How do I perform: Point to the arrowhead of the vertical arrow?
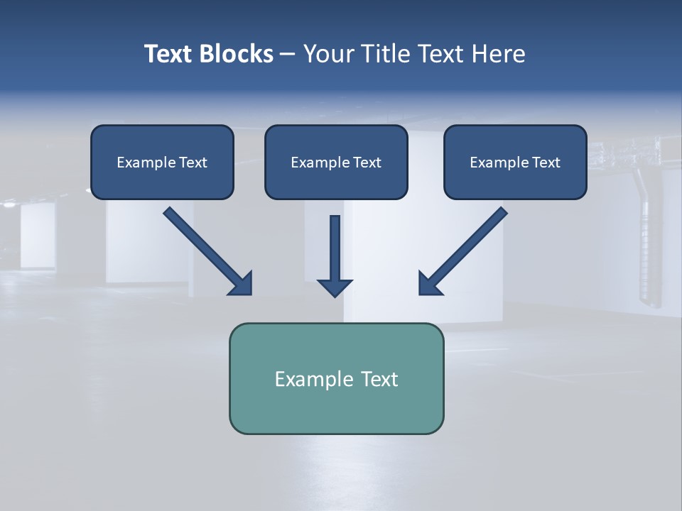click(x=335, y=287)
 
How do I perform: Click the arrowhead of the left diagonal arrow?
click(x=242, y=284)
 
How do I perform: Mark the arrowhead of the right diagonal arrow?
click(x=428, y=284)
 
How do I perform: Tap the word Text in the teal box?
click(x=379, y=379)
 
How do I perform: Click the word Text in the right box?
click(x=546, y=163)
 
